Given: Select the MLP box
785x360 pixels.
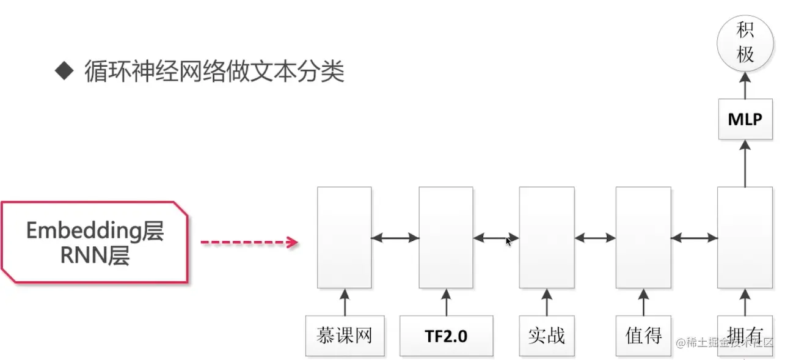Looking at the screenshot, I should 745,119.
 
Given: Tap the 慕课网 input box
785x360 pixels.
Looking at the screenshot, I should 345,336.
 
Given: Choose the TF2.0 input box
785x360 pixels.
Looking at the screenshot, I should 447,336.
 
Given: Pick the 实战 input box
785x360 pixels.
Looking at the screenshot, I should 546,336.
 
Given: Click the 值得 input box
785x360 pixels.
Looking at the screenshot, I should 643,336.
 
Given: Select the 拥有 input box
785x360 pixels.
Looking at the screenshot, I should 745,334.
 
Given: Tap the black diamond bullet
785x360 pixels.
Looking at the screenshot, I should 64,71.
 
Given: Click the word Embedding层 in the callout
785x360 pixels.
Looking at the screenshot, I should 95,231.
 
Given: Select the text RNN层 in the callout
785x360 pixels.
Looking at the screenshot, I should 95,257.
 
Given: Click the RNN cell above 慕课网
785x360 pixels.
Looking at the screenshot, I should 345,237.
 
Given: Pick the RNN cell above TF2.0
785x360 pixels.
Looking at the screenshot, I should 446,237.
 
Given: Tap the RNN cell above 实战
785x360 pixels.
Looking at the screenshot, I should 547,237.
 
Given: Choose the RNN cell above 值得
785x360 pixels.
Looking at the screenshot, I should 643,237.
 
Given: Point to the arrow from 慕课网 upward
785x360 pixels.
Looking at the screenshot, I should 345,302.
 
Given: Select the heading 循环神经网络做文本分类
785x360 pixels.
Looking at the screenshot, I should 214,71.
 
